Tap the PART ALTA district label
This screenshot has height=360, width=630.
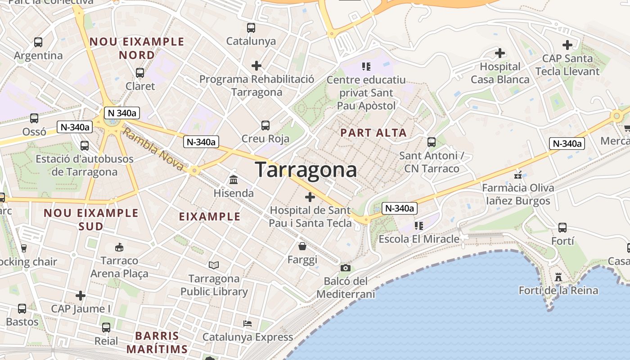coord(373,133)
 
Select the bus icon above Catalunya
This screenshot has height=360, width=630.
coord(251,28)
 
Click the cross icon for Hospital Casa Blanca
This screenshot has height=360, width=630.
coord(500,53)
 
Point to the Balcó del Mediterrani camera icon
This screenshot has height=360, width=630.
coord(345,268)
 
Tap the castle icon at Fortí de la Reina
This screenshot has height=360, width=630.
coord(558,277)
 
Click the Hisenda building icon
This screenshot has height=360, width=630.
coord(234,180)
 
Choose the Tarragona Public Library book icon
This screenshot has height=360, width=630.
coord(214,265)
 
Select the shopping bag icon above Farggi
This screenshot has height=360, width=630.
coord(302,246)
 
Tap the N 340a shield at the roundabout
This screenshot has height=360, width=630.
coord(121,113)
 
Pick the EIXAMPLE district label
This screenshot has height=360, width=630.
coord(210,216)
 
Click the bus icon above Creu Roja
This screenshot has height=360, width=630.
coord(265,126)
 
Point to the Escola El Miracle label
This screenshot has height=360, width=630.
coord(419,239)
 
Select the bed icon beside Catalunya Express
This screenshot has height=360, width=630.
coord(247,323)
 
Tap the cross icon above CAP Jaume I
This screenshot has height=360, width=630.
coord(81,296)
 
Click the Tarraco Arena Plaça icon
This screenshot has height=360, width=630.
coord(119,247)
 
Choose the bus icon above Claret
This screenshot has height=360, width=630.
coord(140,72)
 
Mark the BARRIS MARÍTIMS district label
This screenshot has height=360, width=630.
coord(157,342)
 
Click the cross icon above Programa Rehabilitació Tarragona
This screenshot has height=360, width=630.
coord(256,66)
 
